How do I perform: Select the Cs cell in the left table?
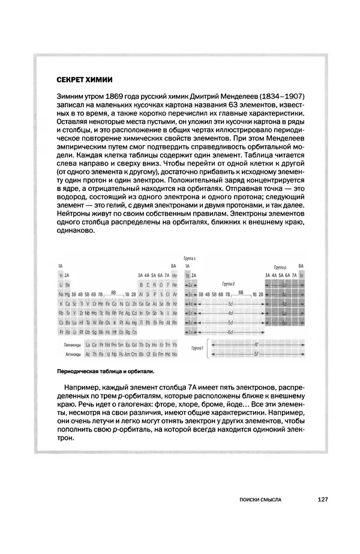coord(60,322)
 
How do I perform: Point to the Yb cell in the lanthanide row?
coord(174,345)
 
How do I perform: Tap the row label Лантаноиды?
coord(73,345)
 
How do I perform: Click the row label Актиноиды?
coord(73,354)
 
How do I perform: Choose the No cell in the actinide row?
coord(174,354)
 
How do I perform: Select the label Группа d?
coord(228,283)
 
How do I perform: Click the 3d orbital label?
coord(229,304)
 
